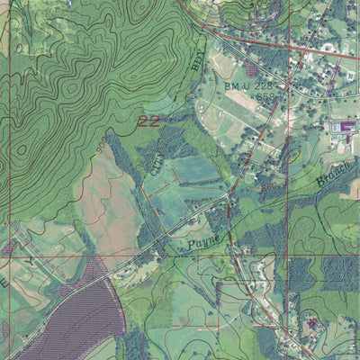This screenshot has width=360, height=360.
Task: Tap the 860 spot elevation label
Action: [x=267, y=188]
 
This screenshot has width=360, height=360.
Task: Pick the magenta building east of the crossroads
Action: [x=344, y=128]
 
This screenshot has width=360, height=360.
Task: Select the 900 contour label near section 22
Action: [x=96, y=144]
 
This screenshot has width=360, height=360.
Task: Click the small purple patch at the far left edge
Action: [x=7, y=245]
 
